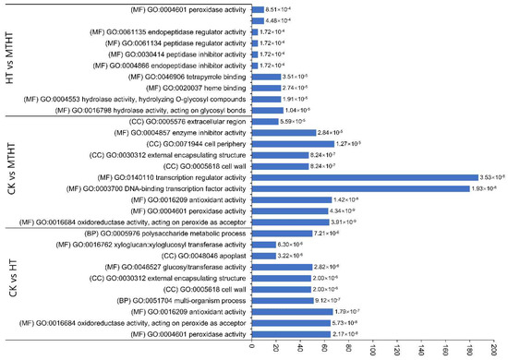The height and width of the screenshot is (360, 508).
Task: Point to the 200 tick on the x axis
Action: coord(496,351)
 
